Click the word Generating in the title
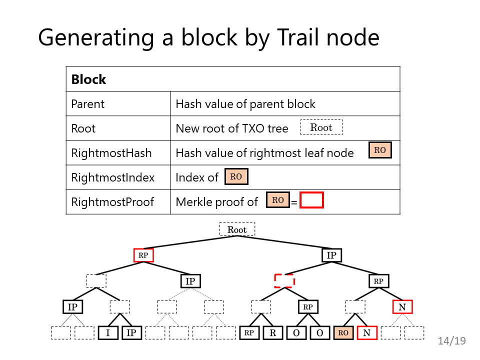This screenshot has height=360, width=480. coord(96,38)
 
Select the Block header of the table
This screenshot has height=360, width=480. coord(88,79)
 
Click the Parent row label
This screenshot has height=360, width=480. coord(87,104)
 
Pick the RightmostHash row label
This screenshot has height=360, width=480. coord(111,153)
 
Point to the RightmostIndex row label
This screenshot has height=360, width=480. coord(112,177)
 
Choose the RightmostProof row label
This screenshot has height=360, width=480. coord(112,202)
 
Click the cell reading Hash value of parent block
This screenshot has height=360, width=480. coord(245,104)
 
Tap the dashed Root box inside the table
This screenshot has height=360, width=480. coord(321,127)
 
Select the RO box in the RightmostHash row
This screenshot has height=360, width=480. coord(380,150)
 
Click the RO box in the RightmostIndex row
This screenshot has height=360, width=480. coord(236,176)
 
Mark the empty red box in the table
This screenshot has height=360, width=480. coord(311,200)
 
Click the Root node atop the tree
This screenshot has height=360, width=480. coord(237,229)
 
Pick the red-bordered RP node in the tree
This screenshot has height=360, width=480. coord(143,255)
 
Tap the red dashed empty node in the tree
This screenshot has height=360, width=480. coord(284,281)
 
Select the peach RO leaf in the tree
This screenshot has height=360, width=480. coord(343,333)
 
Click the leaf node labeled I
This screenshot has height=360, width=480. coord(108,333)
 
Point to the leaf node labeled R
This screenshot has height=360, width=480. coord(273,333)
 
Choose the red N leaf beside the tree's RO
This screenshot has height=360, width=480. coord(366,333)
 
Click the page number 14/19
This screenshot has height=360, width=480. coord(451,340)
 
